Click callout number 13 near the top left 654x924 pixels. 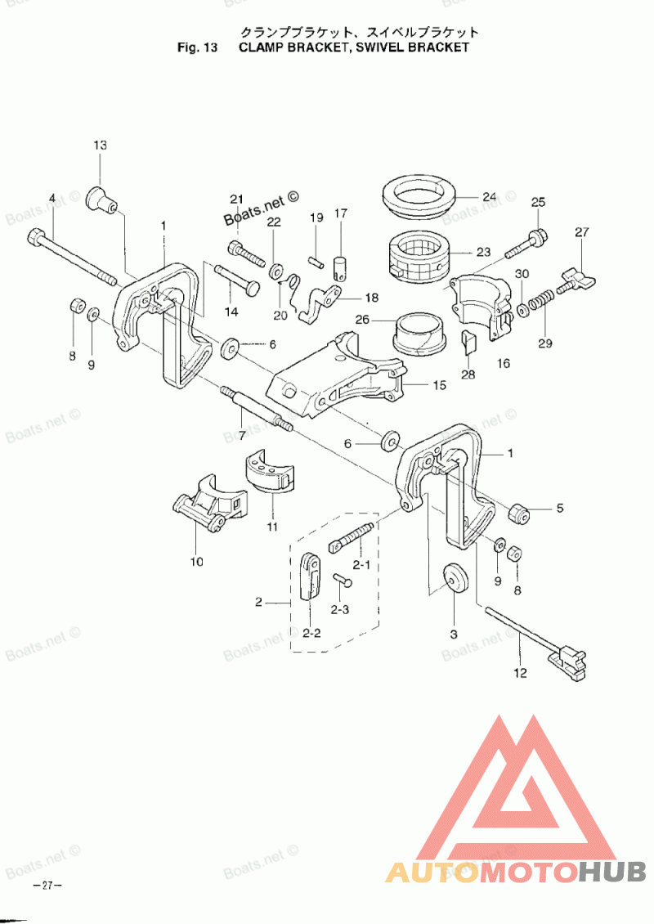[100, 146]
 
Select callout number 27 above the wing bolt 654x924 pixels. [581, 232]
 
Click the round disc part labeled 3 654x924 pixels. [453, 580]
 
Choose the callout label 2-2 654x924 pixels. [311, 632]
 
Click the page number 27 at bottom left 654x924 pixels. [47, 886]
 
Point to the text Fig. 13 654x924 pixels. [197, 47]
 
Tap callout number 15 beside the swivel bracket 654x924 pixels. [439, 384]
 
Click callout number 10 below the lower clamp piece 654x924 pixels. [196, 562]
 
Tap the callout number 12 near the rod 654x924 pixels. [521, 674]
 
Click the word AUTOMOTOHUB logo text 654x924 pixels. [516, 872]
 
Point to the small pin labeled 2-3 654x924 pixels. [342, 581]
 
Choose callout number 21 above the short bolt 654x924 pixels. [237, 200]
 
